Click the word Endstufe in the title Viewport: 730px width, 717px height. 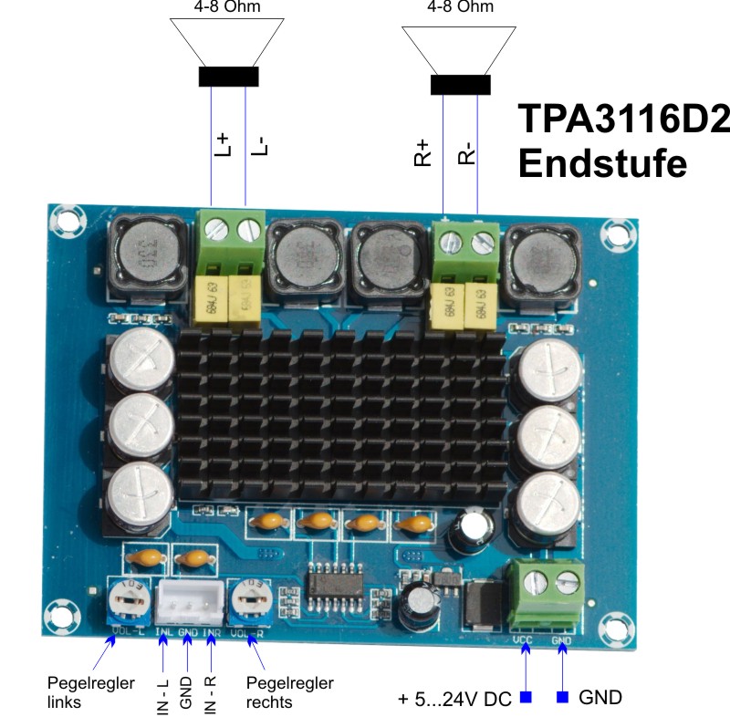click(x=602, y=164)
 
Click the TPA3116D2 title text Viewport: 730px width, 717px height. click(x=625, y=119)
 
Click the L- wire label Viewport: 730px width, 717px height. click(x=258, y=145)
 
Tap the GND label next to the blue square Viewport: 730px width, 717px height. click(x=600, y=698)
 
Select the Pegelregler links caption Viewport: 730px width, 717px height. click(x=91, y=692)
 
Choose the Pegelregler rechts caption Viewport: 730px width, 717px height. click(x=290, y=692)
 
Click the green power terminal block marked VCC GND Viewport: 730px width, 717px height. click(x=547, y=590)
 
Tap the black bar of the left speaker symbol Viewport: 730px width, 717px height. click(x=228, y=78)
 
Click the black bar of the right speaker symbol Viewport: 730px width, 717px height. click(x=461, y=84)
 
